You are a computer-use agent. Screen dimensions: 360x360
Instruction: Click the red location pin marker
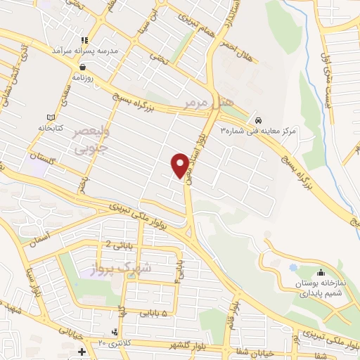coord(181,165)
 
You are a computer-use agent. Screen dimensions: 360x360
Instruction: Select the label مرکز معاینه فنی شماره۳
coord(260,131)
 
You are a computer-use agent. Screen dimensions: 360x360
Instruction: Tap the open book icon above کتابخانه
coord(49,117)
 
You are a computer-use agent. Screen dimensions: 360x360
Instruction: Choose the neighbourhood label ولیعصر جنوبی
coord(89,139)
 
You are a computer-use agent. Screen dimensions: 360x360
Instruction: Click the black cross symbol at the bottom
coord(82,351)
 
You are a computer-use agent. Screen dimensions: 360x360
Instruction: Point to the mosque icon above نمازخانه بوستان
coord(321,272)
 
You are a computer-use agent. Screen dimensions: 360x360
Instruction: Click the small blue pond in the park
coord(292,268)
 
